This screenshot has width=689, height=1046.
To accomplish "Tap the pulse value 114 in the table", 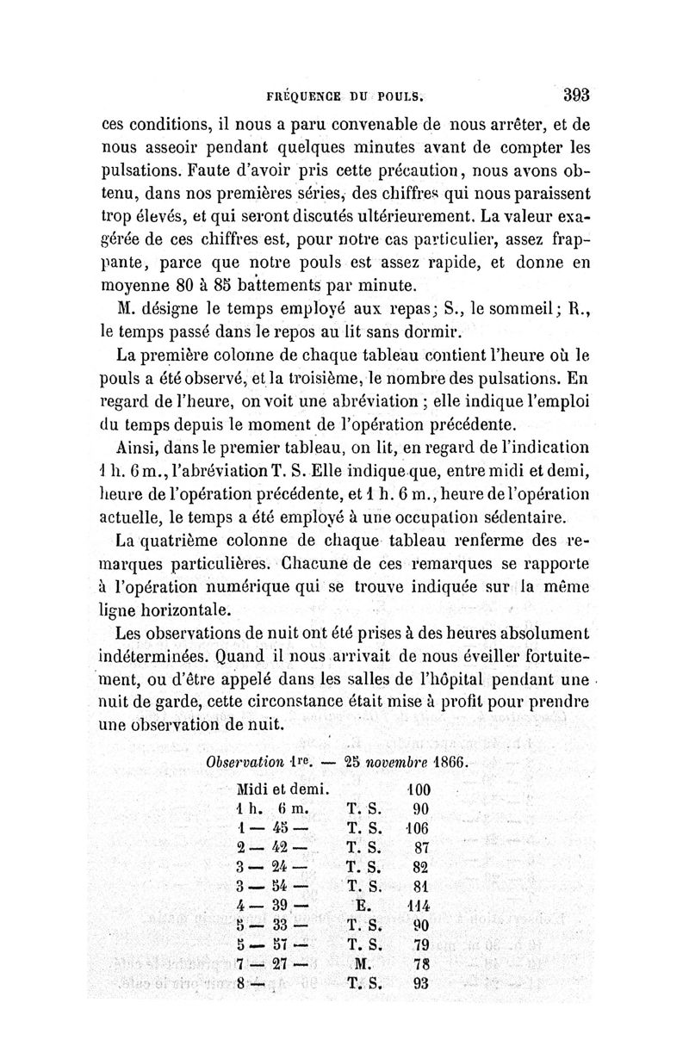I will click(418, 907).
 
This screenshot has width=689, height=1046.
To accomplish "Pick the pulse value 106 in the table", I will click(418, 828).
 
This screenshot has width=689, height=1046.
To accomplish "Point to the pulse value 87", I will click(421, 848).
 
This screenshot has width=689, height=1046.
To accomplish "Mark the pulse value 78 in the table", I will click(421, 964).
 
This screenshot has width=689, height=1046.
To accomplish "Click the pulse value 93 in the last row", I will click(421, 984).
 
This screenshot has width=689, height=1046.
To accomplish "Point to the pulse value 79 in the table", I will click(421, 945).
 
